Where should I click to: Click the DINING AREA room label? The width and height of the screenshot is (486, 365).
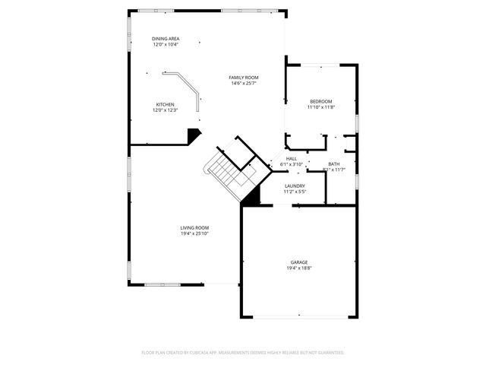pyautogui.click(x=166, y=38)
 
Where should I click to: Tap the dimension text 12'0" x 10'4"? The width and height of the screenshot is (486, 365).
pyautogui.click(x=166, y=44)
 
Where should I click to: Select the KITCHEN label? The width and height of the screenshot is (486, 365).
pyautogui.click(x=166, y=104)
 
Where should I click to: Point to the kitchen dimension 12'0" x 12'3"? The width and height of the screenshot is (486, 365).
pyautogui.click(x=166, y=110)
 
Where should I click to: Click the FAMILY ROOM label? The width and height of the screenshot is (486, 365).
pyautogui.click(x=245, y=78)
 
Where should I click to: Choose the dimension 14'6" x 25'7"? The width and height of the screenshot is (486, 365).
pyautogui.click(x=245, y=84)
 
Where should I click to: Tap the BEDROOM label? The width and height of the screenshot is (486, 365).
pyautogui.click(x=320, y=101)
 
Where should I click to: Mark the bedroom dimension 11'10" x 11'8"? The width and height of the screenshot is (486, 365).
pyautogui.click(x=320, y=107)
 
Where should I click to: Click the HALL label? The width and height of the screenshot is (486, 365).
pyautogui.click(x=292, y=158)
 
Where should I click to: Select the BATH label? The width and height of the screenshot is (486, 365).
pyautogui.click(x=334, y=163)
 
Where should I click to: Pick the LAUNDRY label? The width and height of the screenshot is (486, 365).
pyautogui.click(x=295, y=186)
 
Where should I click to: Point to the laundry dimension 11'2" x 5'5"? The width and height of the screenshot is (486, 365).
pyautogui.click(x=295, y=192)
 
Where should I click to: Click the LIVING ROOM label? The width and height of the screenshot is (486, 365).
pyautogui.click(x=194, y=227)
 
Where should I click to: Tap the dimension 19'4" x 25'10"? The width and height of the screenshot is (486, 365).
pyautogui.click(x=194, y=233)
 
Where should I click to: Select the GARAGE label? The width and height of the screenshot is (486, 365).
pyautogui.click(x=299, y=262)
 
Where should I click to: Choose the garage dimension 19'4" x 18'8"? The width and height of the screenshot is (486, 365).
pyautogui.click(x=299, y=268)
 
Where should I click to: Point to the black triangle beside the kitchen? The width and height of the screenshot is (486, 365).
pyautogui.click(x=194, y=135)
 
